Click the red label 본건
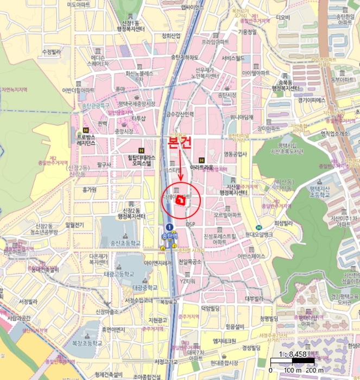180,143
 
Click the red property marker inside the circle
181,200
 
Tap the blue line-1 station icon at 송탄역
169,226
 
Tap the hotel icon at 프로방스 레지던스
85,130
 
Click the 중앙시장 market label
124,131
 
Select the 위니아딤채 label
242,117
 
